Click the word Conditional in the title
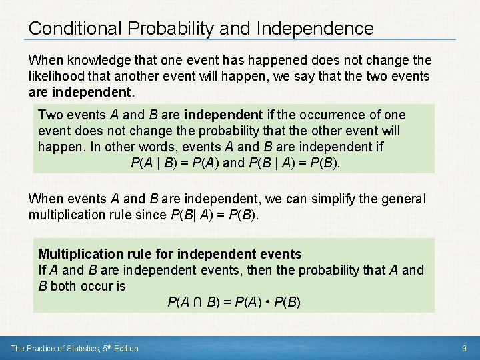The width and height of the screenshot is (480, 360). pyautogui.click(x=73, y=29)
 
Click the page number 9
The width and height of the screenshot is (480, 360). pyautogui.click(x=463, y=348)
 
